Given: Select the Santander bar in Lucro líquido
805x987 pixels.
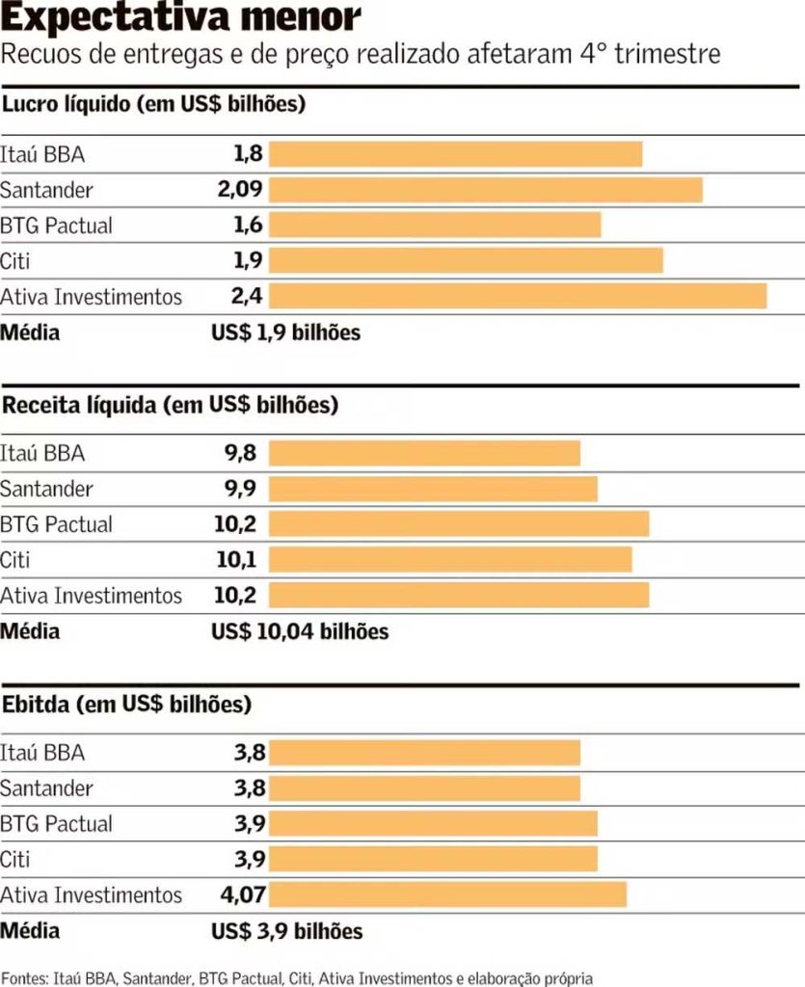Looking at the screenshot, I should point(485,190).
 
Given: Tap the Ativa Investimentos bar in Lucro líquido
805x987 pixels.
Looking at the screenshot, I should point(517,296).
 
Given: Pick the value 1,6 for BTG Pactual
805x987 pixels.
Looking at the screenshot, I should point(247,226).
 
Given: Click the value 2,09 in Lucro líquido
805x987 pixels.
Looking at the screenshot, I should point(240,190).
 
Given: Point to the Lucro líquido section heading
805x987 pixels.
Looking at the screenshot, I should point(153,104).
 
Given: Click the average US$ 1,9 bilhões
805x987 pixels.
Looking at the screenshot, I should point(285,333).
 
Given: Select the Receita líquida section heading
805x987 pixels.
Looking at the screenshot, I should point(170,405).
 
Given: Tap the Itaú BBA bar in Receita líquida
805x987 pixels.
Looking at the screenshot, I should point(424,453).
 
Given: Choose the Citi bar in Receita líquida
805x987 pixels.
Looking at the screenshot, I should point(450,560).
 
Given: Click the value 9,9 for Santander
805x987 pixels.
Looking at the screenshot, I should point(240,489).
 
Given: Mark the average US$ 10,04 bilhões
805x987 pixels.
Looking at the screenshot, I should point(300,632).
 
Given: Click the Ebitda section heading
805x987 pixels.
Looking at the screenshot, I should point(126,704).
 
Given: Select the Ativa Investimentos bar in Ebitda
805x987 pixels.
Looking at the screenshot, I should point(447,894).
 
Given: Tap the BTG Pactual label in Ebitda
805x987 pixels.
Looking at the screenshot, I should point(56,824).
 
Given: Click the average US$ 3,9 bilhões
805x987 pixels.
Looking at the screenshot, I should point(286,931).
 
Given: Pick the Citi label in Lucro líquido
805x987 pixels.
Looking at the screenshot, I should point(14,260).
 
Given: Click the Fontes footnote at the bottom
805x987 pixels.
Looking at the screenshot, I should point(297,977).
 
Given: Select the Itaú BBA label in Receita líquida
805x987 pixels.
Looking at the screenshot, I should point(42,453).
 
